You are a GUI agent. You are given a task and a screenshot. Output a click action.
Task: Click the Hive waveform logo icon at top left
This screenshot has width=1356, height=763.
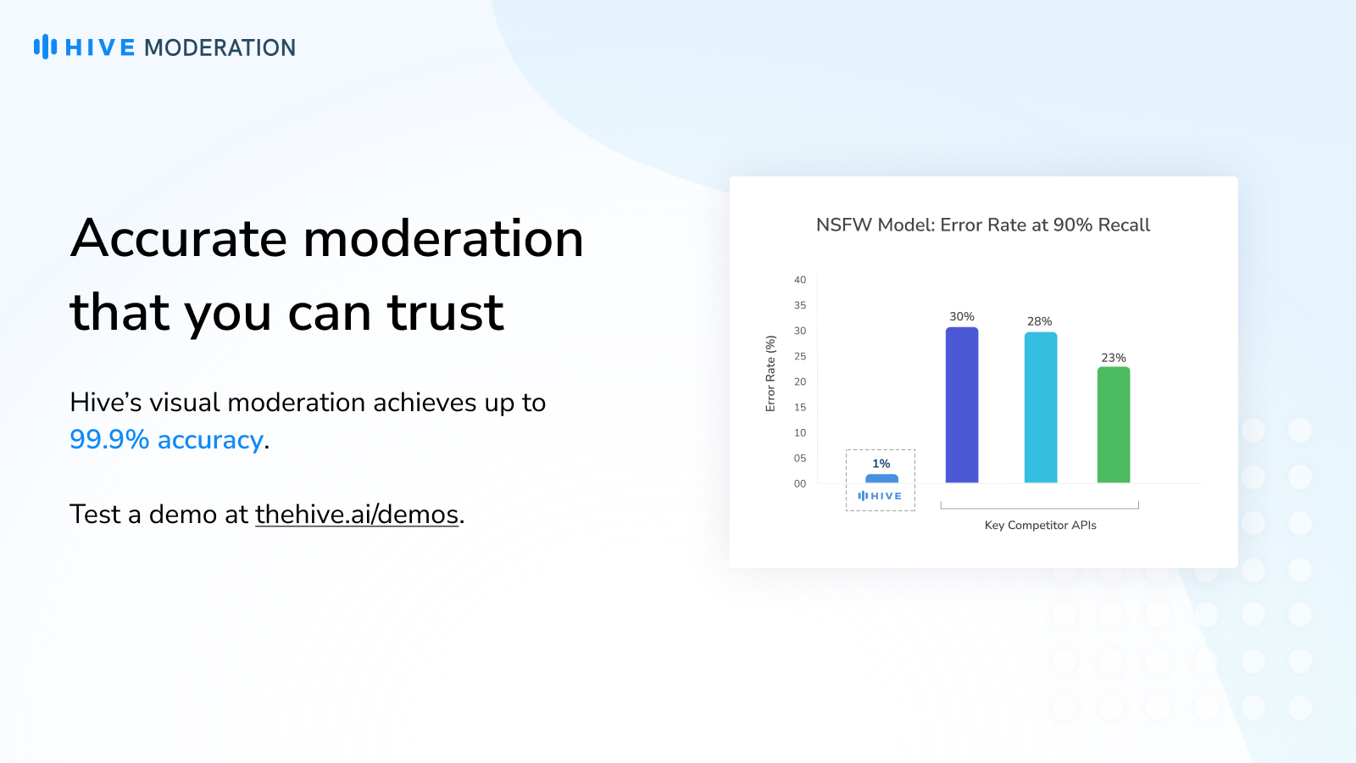(46, 47)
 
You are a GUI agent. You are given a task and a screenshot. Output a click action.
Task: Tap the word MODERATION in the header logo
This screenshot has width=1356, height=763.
(220, 47)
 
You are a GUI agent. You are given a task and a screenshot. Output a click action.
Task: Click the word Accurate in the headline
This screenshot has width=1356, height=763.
(179, 238)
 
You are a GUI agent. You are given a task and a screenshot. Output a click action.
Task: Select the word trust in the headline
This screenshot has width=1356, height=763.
(446, 313)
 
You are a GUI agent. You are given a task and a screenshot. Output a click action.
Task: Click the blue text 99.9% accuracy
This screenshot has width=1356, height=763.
(166, 440)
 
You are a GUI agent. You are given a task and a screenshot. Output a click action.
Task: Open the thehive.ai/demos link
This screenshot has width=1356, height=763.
(357, 515)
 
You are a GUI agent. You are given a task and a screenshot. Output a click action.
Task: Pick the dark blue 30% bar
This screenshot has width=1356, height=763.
(962, 405)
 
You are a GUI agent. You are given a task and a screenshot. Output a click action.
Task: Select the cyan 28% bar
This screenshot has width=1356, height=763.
(1041, 408)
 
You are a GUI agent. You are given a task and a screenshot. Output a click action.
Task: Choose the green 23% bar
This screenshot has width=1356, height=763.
(1114, 425)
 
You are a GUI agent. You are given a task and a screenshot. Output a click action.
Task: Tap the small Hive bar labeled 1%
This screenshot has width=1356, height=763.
(882, 478)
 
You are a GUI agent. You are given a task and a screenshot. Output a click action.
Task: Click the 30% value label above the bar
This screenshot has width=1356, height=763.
(962, 317)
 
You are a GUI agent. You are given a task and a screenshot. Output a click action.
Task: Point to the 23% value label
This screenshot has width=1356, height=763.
(1114, 358)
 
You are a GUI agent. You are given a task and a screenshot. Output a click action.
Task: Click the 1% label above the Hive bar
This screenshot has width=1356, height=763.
(881, 464)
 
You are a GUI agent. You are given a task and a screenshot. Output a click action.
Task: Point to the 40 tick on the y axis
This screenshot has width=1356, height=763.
(800, 280)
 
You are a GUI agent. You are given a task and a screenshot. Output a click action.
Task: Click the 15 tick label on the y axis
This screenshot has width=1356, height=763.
(800, 408)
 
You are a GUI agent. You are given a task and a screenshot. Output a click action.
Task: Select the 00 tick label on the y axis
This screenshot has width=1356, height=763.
(800, 484)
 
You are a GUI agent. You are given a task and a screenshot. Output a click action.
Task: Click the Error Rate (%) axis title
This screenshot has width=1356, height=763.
(770, 374)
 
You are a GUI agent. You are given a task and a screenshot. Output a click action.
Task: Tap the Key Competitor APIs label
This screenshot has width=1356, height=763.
(1041, 526)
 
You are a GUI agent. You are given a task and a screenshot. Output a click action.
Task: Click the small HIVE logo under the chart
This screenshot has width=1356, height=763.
(881, 496)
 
